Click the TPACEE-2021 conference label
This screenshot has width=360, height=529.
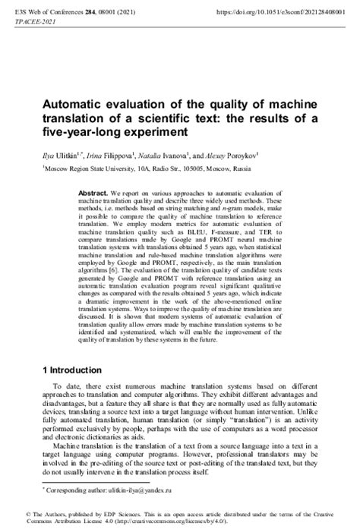click(27, 22)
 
